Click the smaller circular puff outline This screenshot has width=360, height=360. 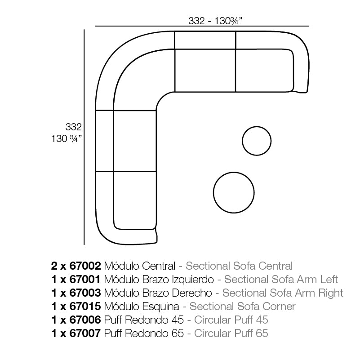pyautogui.click(x=242, y=141)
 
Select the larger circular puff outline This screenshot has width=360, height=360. pyautogui.click(x=213, y=193)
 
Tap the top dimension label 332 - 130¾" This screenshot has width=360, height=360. pyautogui.click(x=215, y=21)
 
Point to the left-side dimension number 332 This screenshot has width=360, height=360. pyautogui.click(x=73, y=127)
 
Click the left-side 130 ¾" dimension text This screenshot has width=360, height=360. pyautogui.click(x=67, y=139)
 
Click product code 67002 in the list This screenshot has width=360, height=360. pyautogui.click(x=85, y=266)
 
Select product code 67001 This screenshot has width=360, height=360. pyautogui.click(x=85, y=280)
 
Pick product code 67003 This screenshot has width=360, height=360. pyautogui.click(x=85, y=293)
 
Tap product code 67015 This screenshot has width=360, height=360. pyautogui.click(x=85, y=306)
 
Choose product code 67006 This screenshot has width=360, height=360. pyautogui.click(x=85, y=320)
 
